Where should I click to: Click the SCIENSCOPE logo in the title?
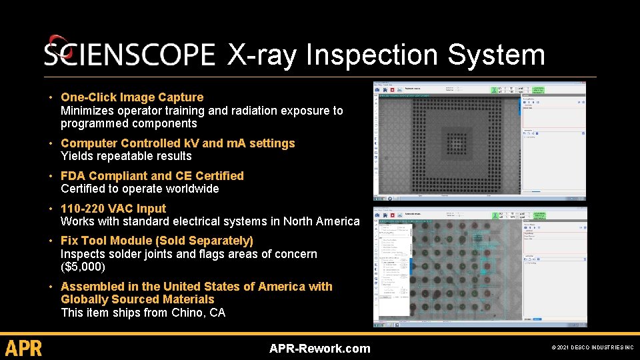coord(129,55)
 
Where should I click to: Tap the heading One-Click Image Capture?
coord(132,97)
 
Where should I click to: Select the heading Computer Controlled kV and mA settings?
coord(177,143)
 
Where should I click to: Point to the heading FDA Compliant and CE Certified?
coord(152,176)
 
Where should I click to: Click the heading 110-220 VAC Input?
coord(113,209)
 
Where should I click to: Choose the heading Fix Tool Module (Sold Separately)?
coord(157,241)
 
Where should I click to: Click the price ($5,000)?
coord(83,267)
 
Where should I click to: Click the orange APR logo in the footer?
coord(23,348)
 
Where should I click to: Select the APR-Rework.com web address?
coord(319,348)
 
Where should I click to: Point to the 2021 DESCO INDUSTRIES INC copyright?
coord(593,348)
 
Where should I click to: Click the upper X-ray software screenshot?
coord(479,140)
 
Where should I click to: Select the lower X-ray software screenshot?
coord(479,267)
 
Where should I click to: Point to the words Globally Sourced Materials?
coord(137,299)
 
